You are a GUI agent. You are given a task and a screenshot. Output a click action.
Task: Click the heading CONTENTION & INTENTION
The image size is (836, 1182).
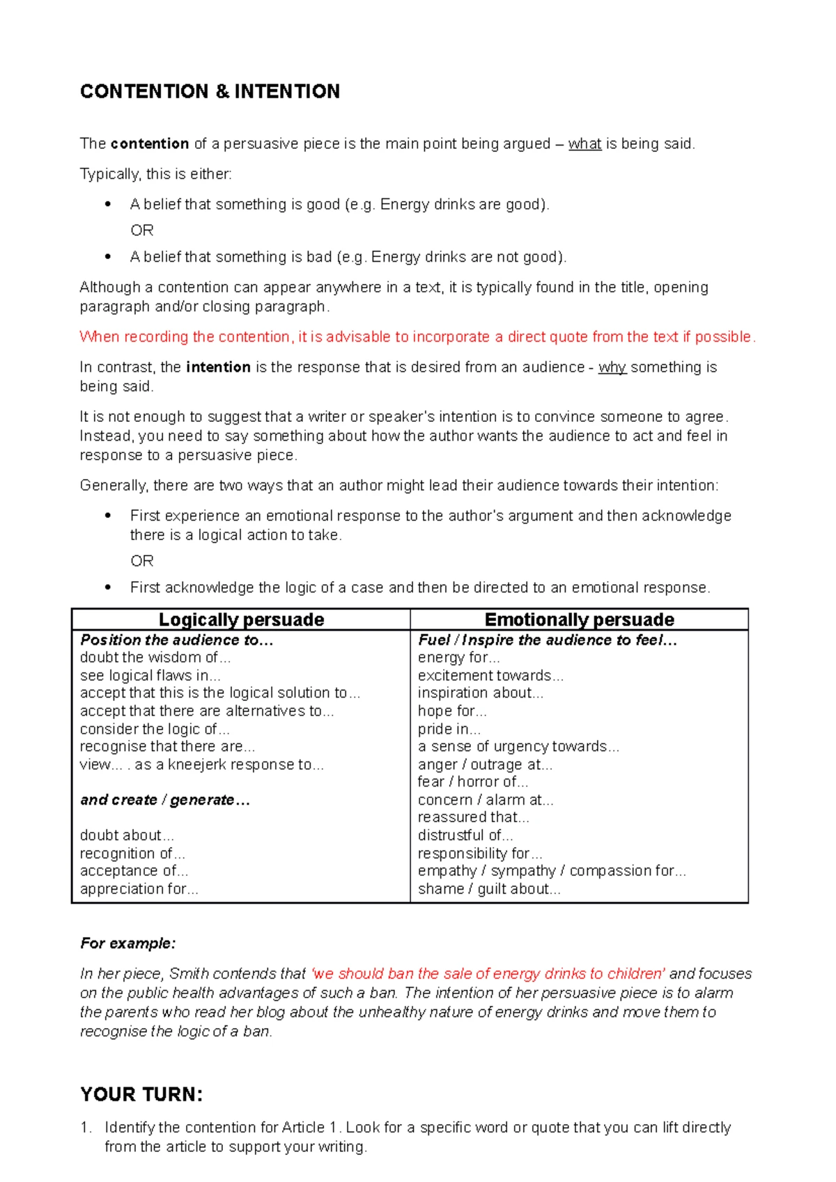point(210,91)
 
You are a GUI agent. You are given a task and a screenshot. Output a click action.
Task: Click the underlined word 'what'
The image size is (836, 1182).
point(585,144)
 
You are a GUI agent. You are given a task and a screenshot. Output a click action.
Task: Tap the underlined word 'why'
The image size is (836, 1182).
point(612,367)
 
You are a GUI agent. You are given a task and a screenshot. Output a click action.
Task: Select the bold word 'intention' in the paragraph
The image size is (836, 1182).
point(218,367)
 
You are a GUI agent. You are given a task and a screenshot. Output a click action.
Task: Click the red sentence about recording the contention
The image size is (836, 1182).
point(417,337)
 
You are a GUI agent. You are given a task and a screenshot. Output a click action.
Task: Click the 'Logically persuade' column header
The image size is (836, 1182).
point(241,620)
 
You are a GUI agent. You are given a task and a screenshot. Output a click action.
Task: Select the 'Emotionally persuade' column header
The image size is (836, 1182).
point(579,620)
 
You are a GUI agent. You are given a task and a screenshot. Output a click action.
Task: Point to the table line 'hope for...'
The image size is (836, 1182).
point(452,711)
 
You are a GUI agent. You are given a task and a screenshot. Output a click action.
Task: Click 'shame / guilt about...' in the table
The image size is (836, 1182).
point(488,889)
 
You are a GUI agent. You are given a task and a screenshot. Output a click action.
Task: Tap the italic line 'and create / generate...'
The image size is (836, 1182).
point(164,800)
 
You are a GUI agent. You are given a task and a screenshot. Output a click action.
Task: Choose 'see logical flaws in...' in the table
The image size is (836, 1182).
point(150,675)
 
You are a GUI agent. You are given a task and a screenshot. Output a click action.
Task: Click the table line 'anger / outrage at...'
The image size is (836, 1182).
point(485,764)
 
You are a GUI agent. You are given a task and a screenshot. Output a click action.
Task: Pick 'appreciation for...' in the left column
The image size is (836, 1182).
point(139,889)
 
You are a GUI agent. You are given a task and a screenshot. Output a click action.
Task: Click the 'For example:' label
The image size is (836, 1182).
point(127,943)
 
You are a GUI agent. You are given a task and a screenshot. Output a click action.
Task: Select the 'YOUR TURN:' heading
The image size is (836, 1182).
point(141,1094)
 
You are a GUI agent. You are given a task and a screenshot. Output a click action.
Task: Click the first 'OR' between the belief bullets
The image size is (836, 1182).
point(142,230)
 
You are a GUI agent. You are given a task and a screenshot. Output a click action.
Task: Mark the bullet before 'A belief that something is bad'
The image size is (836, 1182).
point(107,257)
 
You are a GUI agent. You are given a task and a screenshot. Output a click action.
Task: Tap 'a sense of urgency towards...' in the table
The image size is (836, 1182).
point(518,746)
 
